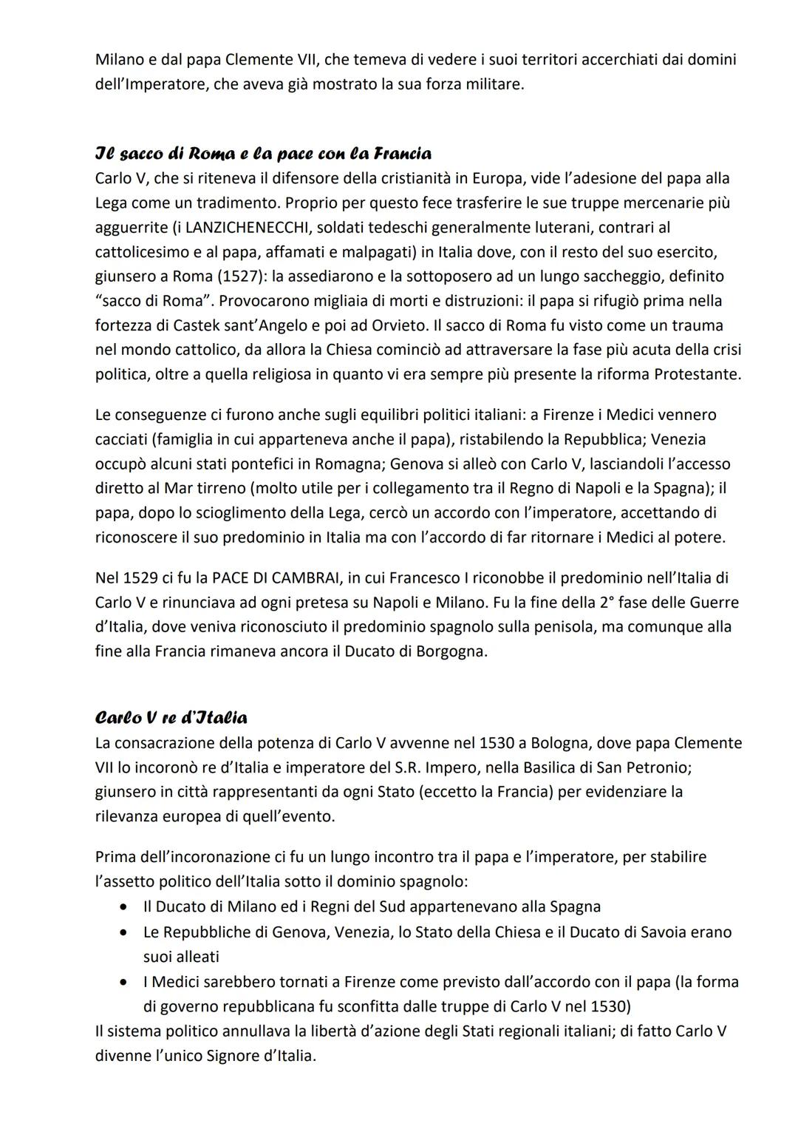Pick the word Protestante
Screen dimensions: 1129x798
697,374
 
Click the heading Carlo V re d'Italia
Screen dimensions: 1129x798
171,718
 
